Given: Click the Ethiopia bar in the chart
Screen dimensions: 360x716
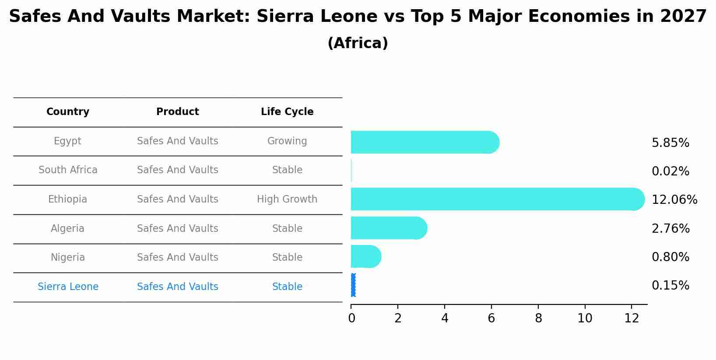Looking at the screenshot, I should (497, 199).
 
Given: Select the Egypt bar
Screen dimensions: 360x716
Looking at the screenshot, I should (425, 142).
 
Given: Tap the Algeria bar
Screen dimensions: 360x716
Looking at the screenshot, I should (389, 228).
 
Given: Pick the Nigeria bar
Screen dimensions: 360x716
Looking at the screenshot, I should (366, 256).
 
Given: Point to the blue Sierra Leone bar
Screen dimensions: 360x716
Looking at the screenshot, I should (353, 285).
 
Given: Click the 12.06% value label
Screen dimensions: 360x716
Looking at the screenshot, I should (674, 200).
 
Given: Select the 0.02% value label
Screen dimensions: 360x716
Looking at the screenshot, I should (670, 171).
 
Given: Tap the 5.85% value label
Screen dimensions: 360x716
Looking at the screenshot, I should (670, 143).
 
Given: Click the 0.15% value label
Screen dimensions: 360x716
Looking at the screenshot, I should (670, 286).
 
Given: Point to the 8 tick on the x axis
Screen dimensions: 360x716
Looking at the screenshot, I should (538, 318).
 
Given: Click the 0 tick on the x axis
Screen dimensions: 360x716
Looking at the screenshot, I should (351, 318).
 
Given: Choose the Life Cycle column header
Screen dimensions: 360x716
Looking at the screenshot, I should (287, 112).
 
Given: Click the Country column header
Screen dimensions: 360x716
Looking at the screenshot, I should (68, 112).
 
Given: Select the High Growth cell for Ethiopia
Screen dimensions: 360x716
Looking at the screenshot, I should (287, 199).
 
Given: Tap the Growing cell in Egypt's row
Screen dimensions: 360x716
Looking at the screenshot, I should (287, 141).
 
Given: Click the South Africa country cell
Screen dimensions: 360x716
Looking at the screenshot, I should (68, 170).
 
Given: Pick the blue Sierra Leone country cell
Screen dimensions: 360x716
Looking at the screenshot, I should (68, 287).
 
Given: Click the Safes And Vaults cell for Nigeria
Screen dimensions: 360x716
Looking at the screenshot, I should (177, 258).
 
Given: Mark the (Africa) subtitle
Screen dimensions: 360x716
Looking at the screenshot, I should (358, 43).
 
